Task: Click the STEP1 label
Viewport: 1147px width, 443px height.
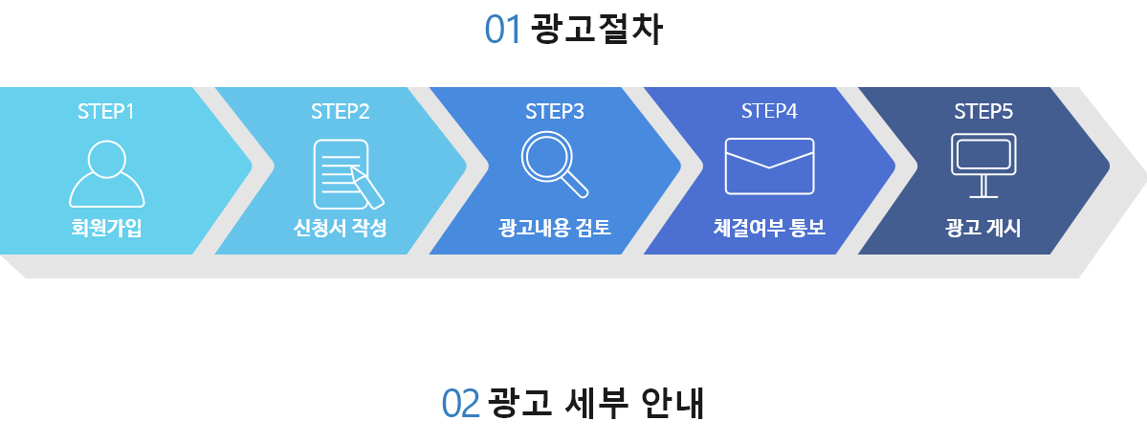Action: coord(106,111)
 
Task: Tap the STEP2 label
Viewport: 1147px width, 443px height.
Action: coord(341,111)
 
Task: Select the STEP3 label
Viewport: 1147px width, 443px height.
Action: coord(555,111)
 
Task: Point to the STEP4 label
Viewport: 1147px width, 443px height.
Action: coord(769,111)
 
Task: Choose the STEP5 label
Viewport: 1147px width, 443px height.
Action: coord(983,111)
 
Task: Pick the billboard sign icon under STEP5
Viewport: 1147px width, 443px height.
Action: coord(983,166)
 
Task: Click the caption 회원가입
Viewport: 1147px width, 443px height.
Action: coord(107,229)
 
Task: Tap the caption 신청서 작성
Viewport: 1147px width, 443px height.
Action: coord(341,229)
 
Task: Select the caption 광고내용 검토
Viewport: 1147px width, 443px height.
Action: coord(555,229)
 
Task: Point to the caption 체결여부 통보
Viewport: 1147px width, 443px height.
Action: coord(769,229)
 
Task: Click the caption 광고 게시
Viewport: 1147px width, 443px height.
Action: coord(983,229)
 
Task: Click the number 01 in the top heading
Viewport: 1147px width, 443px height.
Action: coord(503,30)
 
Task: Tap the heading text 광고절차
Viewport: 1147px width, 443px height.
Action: coord(596,30)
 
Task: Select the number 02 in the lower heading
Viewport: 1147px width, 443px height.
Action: coord(461,404)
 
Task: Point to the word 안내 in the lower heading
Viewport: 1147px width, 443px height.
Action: coord(673,404)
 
